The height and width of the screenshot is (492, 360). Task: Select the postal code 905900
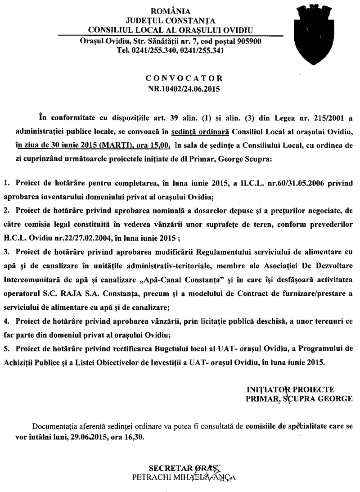point(247,42)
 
